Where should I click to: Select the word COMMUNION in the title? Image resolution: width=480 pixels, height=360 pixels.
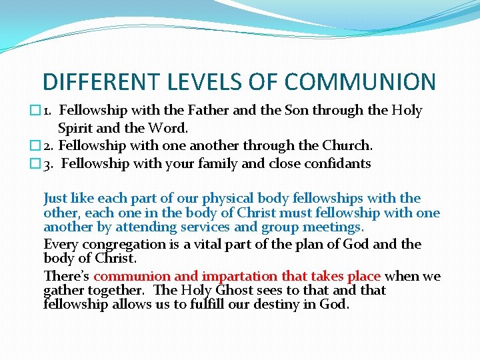[360, 81]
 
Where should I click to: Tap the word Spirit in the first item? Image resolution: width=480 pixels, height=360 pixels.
[75, 127]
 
